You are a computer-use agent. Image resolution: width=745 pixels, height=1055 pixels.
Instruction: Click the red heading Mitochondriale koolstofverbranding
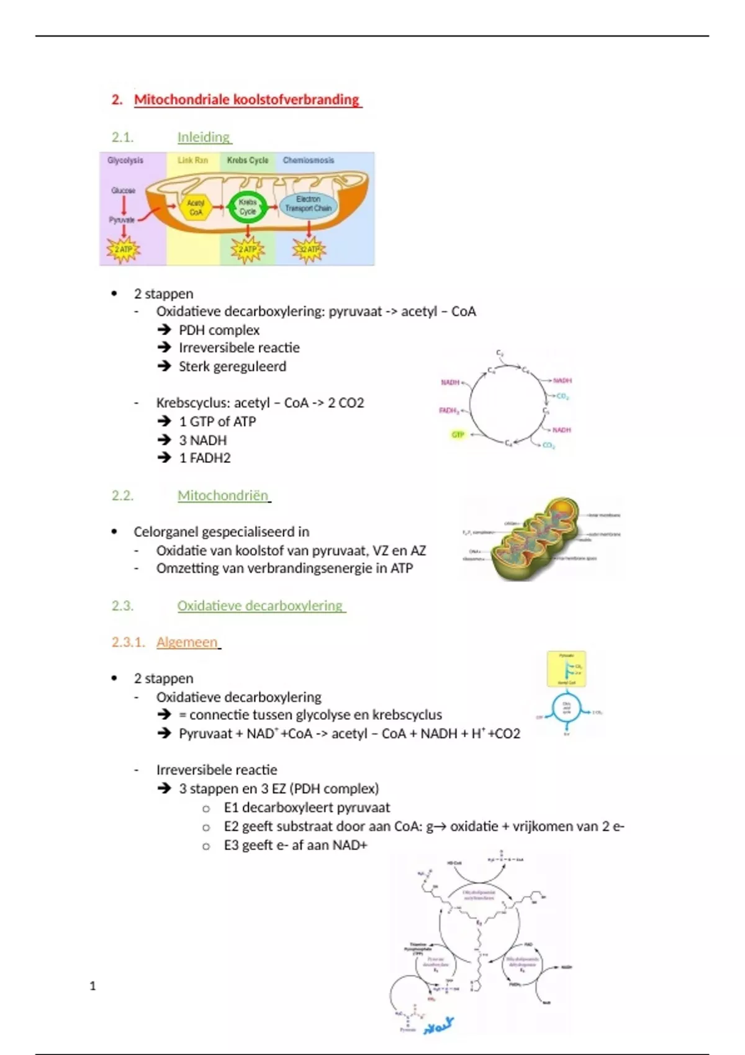click(246, 100)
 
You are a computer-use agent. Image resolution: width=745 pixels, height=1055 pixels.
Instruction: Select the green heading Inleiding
click(204, 137)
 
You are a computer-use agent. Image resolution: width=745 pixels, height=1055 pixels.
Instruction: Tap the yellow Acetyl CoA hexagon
click(196, 207)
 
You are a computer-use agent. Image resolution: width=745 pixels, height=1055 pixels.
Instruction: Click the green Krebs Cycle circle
click(248, 207)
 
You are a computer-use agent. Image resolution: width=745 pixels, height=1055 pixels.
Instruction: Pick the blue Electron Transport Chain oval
click(309, 204)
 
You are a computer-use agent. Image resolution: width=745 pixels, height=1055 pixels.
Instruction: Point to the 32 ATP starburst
click(309, 249)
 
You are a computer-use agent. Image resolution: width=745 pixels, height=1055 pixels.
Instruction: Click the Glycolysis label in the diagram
click(125, 160)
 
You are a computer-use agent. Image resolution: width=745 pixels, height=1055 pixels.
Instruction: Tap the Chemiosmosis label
click(309, 160)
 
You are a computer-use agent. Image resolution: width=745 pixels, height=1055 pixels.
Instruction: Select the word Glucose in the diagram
click(124, 191)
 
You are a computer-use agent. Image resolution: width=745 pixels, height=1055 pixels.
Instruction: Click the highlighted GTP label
click(458, 434)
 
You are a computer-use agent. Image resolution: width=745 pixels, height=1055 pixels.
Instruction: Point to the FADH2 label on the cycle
click(448, 411)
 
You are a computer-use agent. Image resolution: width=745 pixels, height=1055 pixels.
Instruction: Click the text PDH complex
click(219, 330)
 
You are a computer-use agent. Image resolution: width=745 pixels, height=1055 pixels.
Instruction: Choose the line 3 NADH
click(202, 440)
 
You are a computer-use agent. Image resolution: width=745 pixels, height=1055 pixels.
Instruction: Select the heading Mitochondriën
click(223, 496)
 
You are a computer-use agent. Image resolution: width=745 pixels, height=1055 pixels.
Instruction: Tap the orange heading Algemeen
click(187, 642)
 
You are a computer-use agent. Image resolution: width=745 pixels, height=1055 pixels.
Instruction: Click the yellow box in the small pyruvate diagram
click(566, 669)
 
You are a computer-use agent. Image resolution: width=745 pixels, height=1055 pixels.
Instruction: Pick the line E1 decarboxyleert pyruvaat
click(307, 807)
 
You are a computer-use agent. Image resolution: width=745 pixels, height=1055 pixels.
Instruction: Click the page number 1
click(93, 985)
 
